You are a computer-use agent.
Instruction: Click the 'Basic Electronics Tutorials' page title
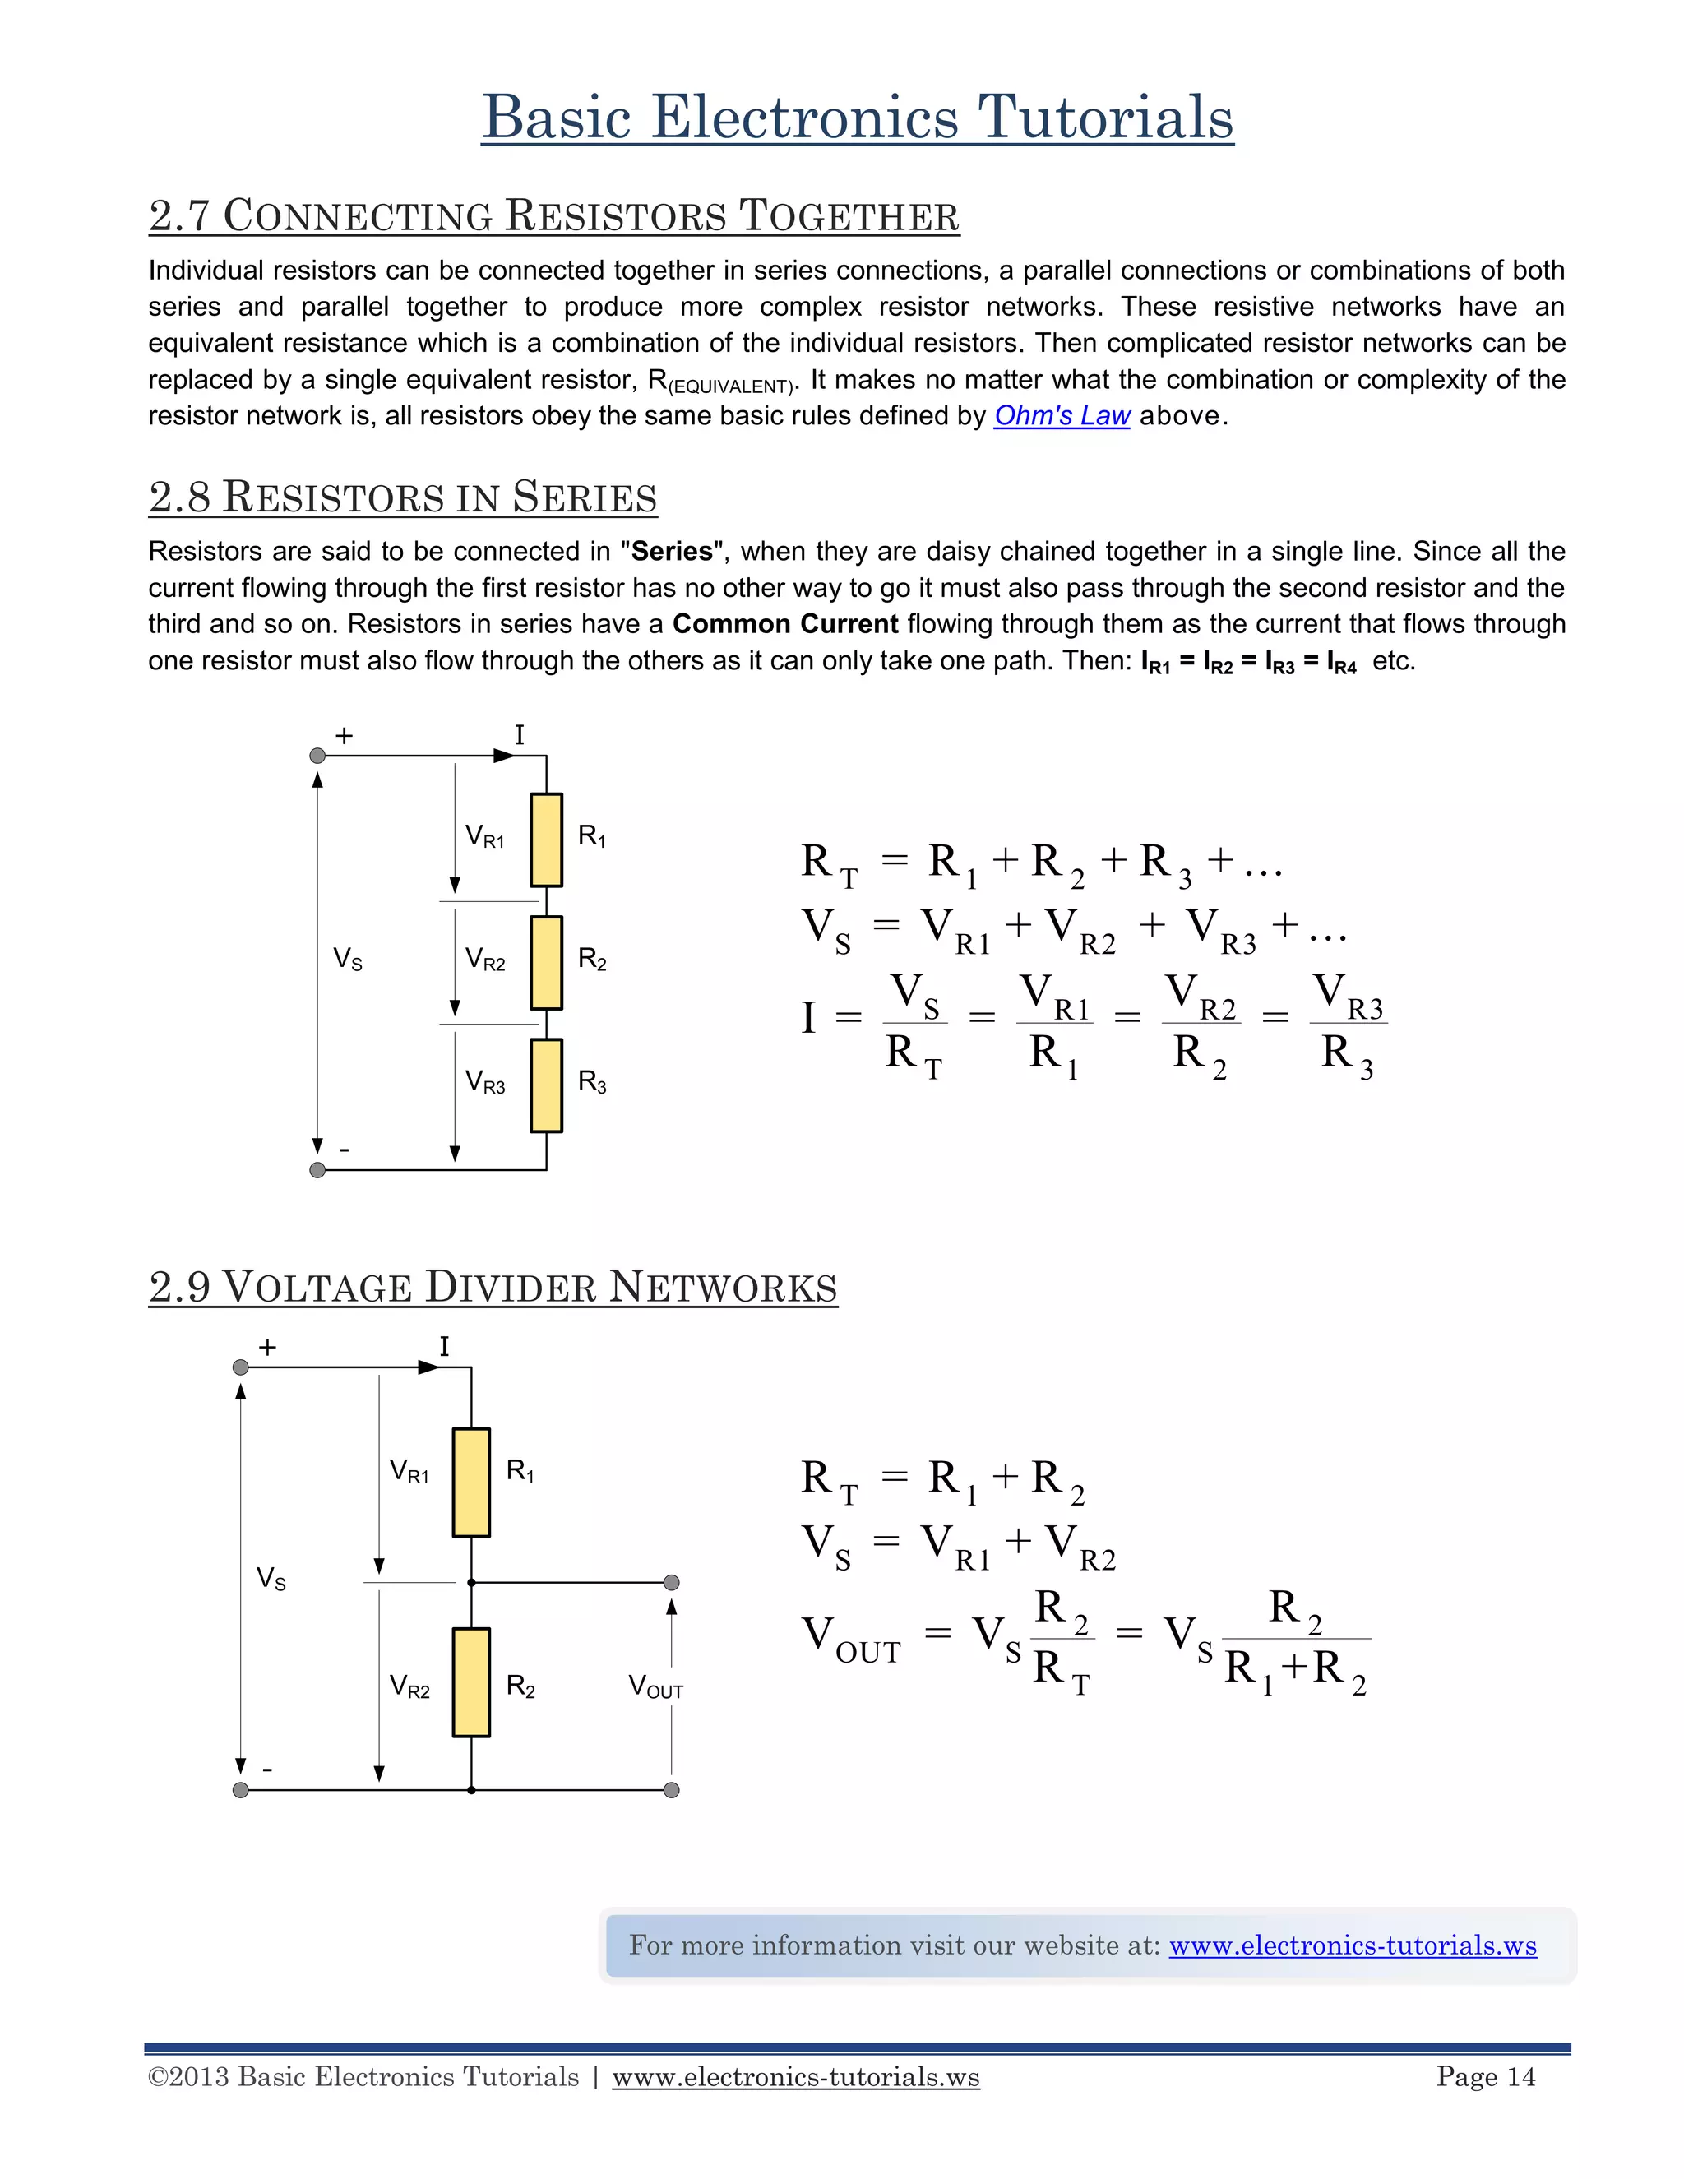pos(857,117)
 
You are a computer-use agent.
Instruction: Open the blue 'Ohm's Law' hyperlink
pos(1062,416)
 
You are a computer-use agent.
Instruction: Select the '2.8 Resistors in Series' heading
pos(402,497)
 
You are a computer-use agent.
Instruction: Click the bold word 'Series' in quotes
pos(672,552)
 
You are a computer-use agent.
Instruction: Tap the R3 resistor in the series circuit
pos(546,1085)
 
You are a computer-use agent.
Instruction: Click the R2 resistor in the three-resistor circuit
pos(546,963)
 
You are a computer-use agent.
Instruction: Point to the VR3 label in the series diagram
pos(485,1083)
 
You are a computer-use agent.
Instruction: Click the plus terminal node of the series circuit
pos(317,756)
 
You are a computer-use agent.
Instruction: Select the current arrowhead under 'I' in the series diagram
pos(505,756)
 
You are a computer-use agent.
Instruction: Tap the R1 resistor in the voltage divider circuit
pos(471,1483)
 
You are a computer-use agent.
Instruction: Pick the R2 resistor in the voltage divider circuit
pos(471,1683)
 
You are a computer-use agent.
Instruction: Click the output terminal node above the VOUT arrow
pos(672,1582)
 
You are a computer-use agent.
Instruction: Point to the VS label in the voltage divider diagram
pos(271,1579)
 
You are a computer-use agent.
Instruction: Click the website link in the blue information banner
pos(1352,1945)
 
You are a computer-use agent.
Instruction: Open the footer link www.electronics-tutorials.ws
pos(795,2077)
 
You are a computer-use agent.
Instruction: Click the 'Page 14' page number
pos(1486,2077)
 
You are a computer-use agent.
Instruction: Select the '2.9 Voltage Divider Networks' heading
pos(493,1287)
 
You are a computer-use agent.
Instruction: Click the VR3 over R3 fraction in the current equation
pos(1348,1025)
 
